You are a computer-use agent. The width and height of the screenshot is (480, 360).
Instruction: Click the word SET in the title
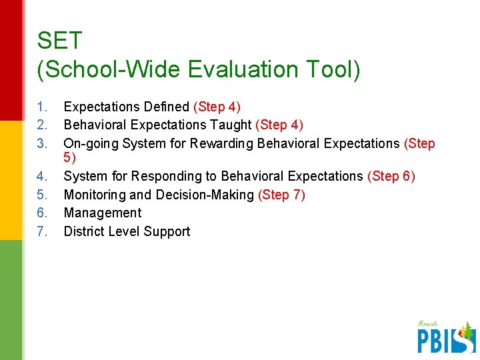coord(59,41)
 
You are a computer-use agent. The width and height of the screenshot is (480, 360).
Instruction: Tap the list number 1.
coord(42,107)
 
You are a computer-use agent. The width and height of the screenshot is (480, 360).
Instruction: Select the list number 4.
coord(42,177)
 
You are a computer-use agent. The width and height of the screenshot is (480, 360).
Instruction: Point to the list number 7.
coord(42,232)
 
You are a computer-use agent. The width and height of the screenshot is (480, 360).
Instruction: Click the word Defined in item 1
coord(166,107)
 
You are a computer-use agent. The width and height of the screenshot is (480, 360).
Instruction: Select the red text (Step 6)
coord(391,177)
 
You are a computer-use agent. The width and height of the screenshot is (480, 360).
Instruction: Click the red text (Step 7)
coord(281,195)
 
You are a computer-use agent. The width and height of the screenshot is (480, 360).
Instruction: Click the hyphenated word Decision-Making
coord(205,195)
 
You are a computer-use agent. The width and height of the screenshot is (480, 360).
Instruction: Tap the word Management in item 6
coord(102,213)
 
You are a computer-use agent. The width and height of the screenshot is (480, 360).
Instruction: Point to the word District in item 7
coord(83,232)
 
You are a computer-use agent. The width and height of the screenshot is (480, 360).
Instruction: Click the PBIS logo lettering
coord(443,339)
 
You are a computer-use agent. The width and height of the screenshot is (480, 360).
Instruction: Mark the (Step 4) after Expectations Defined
coord(217,107)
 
